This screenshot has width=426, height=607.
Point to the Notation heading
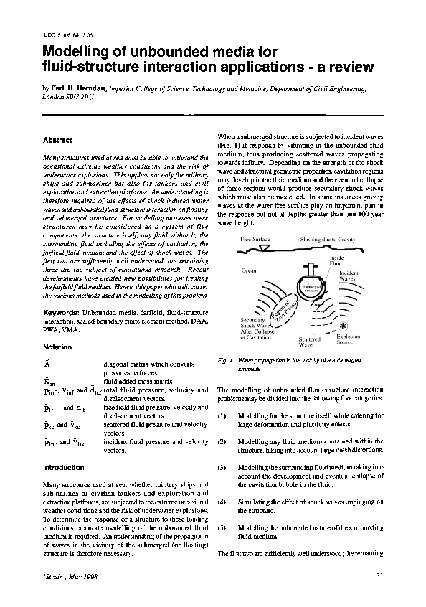[x=58, y=347]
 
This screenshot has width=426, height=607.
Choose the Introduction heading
[x=64, y=468]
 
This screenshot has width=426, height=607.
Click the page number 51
[x=380, y=576]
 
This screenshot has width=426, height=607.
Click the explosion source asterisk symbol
[x=339, y=325]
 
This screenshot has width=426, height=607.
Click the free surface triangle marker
[x=266, y=248]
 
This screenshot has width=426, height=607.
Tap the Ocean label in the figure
[x=249, y=270]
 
